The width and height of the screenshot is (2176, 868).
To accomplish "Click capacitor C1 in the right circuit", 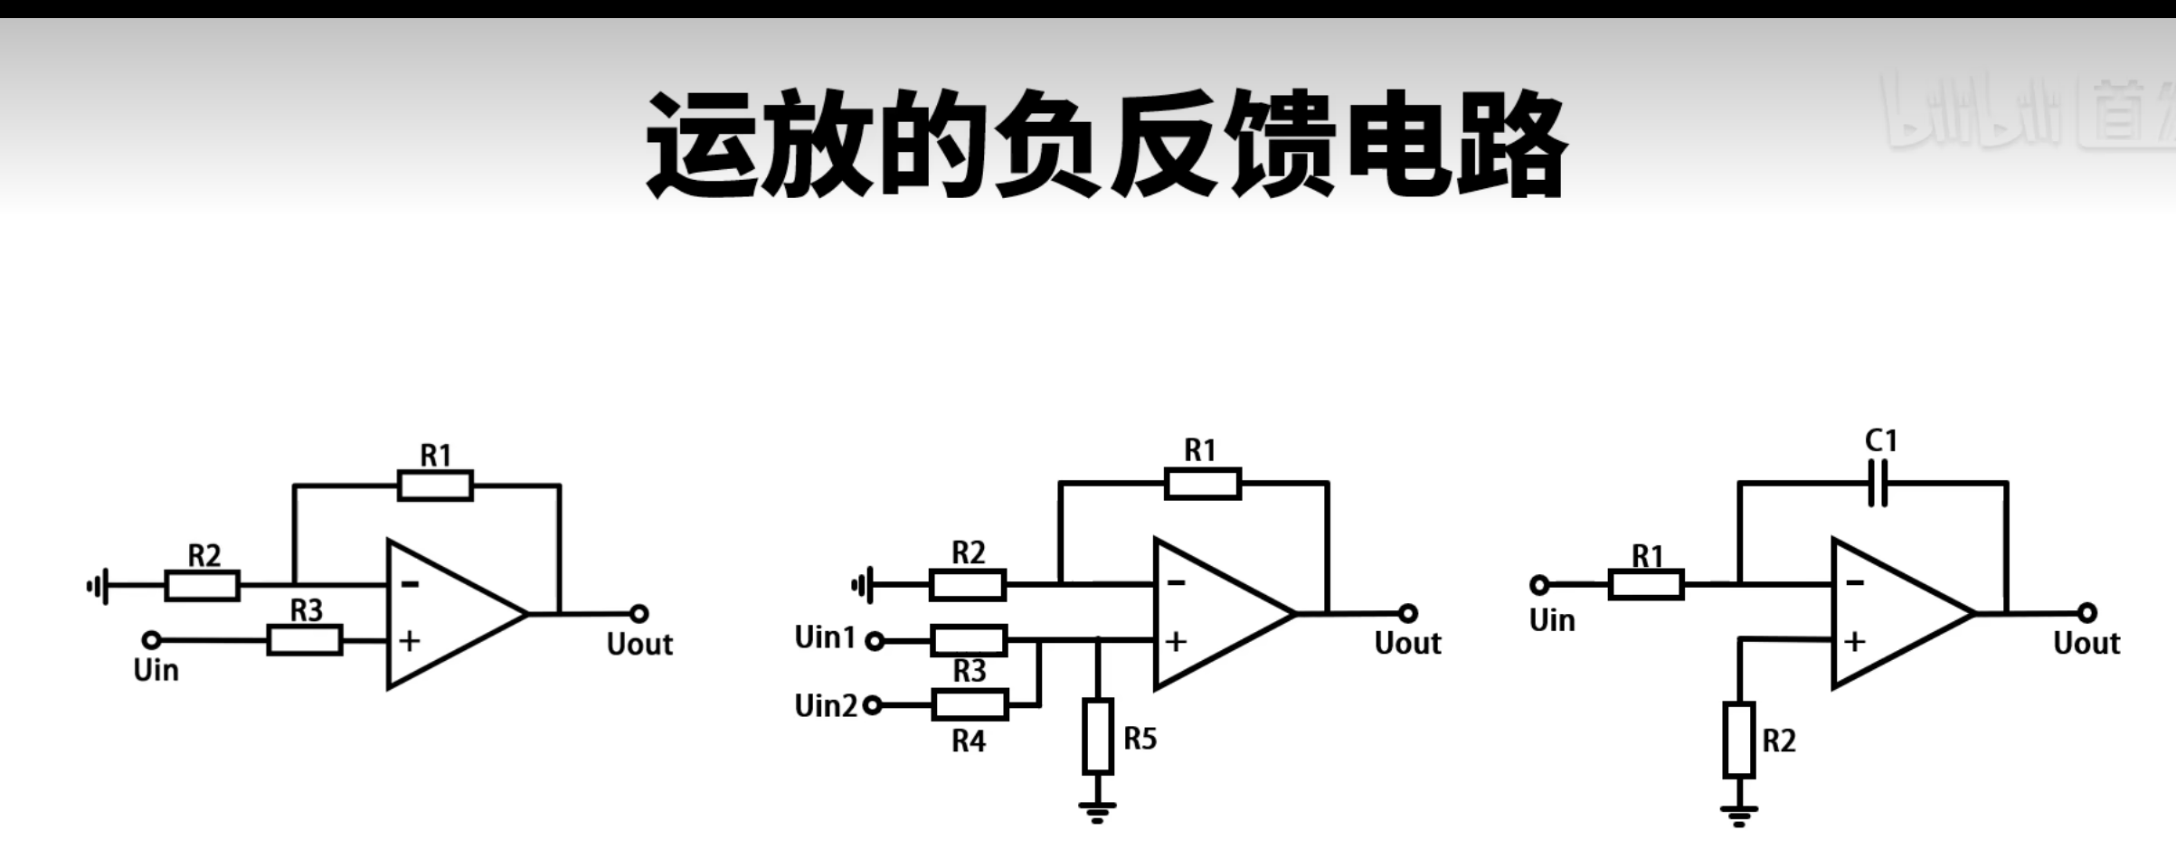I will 1878,484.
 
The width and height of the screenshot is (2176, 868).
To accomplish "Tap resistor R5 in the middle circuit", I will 1098,736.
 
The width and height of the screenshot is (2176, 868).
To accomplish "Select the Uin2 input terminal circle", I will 873,705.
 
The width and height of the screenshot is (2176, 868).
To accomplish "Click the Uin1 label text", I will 824,637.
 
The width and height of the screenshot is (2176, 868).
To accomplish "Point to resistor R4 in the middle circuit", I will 970,704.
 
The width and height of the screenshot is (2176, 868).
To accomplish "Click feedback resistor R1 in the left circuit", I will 435,486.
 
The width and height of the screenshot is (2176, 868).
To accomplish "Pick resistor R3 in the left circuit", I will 305,640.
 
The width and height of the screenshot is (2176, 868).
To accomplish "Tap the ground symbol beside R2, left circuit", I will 98,587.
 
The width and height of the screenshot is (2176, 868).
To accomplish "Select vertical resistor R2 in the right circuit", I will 1738,740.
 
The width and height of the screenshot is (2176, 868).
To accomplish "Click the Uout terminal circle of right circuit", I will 2087,613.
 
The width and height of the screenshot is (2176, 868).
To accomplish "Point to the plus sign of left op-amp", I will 410,641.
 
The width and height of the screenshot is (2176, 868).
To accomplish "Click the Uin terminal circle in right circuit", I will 1539,585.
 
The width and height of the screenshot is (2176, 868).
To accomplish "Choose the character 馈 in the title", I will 1282,145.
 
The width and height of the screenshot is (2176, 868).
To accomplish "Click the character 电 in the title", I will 1398,145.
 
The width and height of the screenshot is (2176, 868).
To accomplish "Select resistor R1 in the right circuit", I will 1646,585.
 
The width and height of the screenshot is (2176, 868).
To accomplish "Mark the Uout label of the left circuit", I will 639,645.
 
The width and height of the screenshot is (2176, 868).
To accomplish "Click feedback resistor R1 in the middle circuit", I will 1203,484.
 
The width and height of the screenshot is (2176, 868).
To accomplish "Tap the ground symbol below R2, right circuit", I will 1738,815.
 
